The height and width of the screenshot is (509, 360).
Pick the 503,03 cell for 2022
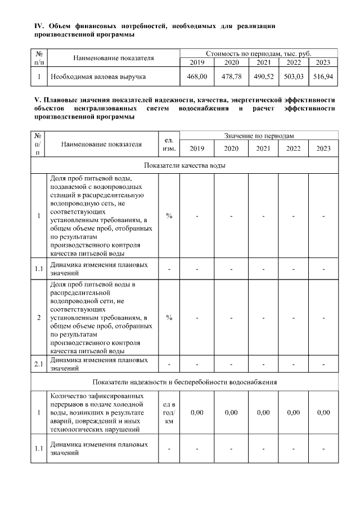(x=293, y=76)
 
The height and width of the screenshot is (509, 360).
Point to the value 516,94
(x=323, y=76)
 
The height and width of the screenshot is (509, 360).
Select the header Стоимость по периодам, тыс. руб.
(x=259, y=53)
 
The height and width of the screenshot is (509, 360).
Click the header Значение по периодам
(x=259, y=136)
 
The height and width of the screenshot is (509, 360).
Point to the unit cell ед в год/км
(x=169, y=412)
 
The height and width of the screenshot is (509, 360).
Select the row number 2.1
(x=38, y=364)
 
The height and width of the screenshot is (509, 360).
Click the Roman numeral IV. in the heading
(x=39, y=26)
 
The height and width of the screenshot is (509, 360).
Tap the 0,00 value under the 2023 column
(x=323, y=412)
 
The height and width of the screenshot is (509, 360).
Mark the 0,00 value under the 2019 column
(x=197, y=412)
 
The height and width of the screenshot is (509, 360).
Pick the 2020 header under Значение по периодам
(x=231, y=148)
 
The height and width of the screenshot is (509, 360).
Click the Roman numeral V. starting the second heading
(x=38, y=100)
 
